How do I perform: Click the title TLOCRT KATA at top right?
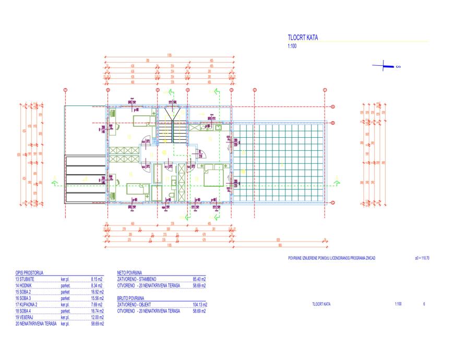pos(303,38)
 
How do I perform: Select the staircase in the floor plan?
pos(172,127)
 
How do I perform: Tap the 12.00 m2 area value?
pos(97,317)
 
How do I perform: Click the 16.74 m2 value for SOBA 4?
pos(97,311)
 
